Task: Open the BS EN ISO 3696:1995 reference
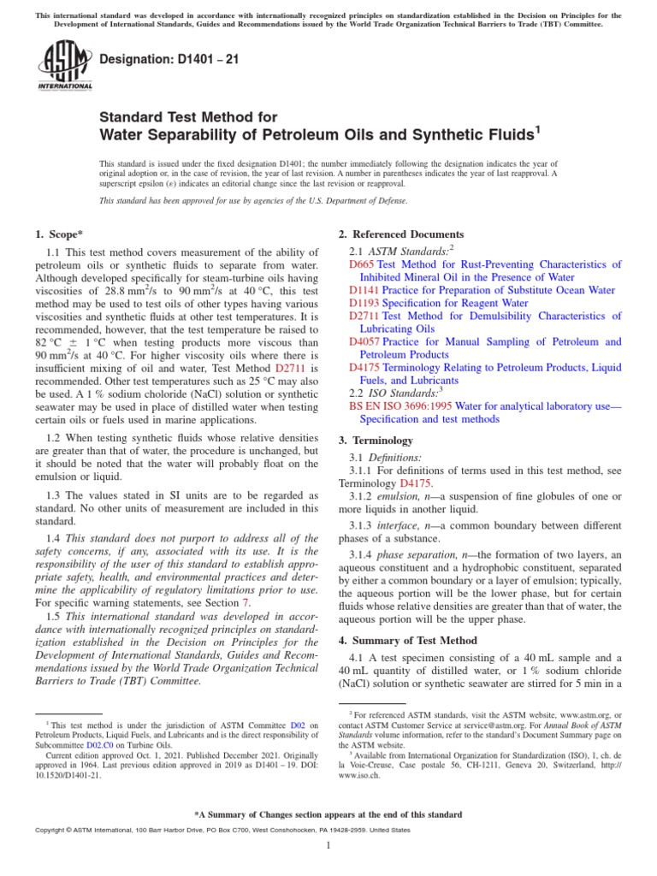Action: click(396, 406)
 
